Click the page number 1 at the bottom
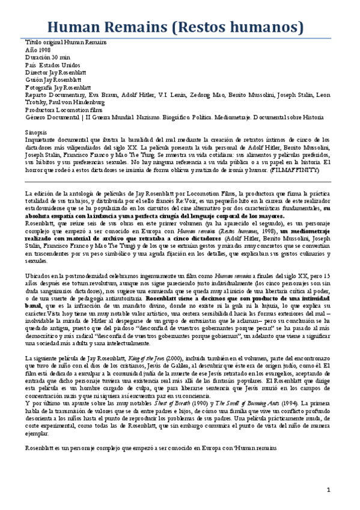point(329,490)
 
